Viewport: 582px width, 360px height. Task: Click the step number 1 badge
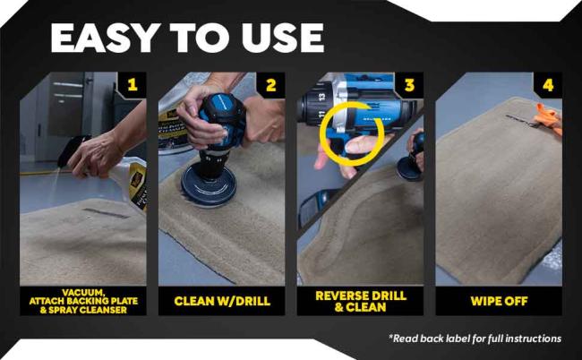point(133,86)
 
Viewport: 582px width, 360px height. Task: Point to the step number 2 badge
point(270,86)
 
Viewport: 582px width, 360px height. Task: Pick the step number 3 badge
point(408,86)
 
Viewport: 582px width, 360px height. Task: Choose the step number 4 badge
point(547,86)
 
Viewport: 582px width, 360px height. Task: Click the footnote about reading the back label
point(475,339)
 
